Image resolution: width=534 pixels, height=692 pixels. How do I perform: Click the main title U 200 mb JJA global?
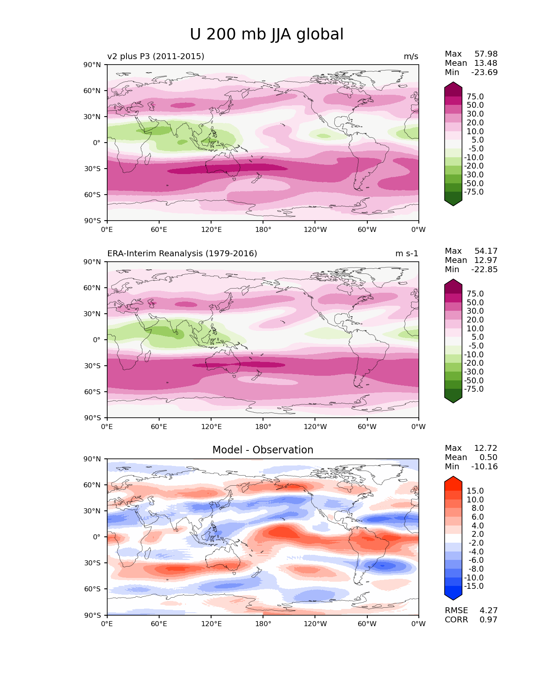266,34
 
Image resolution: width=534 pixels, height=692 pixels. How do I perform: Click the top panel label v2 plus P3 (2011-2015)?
156,56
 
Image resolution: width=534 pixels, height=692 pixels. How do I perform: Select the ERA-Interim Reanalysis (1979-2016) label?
182,253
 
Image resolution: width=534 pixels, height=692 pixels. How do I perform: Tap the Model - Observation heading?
263,450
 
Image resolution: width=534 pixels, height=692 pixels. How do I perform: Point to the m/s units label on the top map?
411,56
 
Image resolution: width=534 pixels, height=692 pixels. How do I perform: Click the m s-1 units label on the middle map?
407,253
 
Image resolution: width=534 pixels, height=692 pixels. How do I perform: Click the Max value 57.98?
486,54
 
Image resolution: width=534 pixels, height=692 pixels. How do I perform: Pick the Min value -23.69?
485,72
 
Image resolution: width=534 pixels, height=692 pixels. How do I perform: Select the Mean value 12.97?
485,260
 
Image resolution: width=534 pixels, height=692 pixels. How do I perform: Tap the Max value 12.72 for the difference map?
486,448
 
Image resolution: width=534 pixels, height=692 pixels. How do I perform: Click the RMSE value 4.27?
488,610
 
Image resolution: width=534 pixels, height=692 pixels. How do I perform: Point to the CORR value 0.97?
488,619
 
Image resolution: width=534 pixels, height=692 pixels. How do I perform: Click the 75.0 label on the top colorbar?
475,96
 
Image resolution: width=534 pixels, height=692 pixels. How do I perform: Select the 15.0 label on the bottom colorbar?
475,491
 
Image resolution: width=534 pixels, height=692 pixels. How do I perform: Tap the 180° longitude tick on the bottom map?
263,624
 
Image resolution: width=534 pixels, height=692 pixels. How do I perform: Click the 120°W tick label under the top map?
315,229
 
